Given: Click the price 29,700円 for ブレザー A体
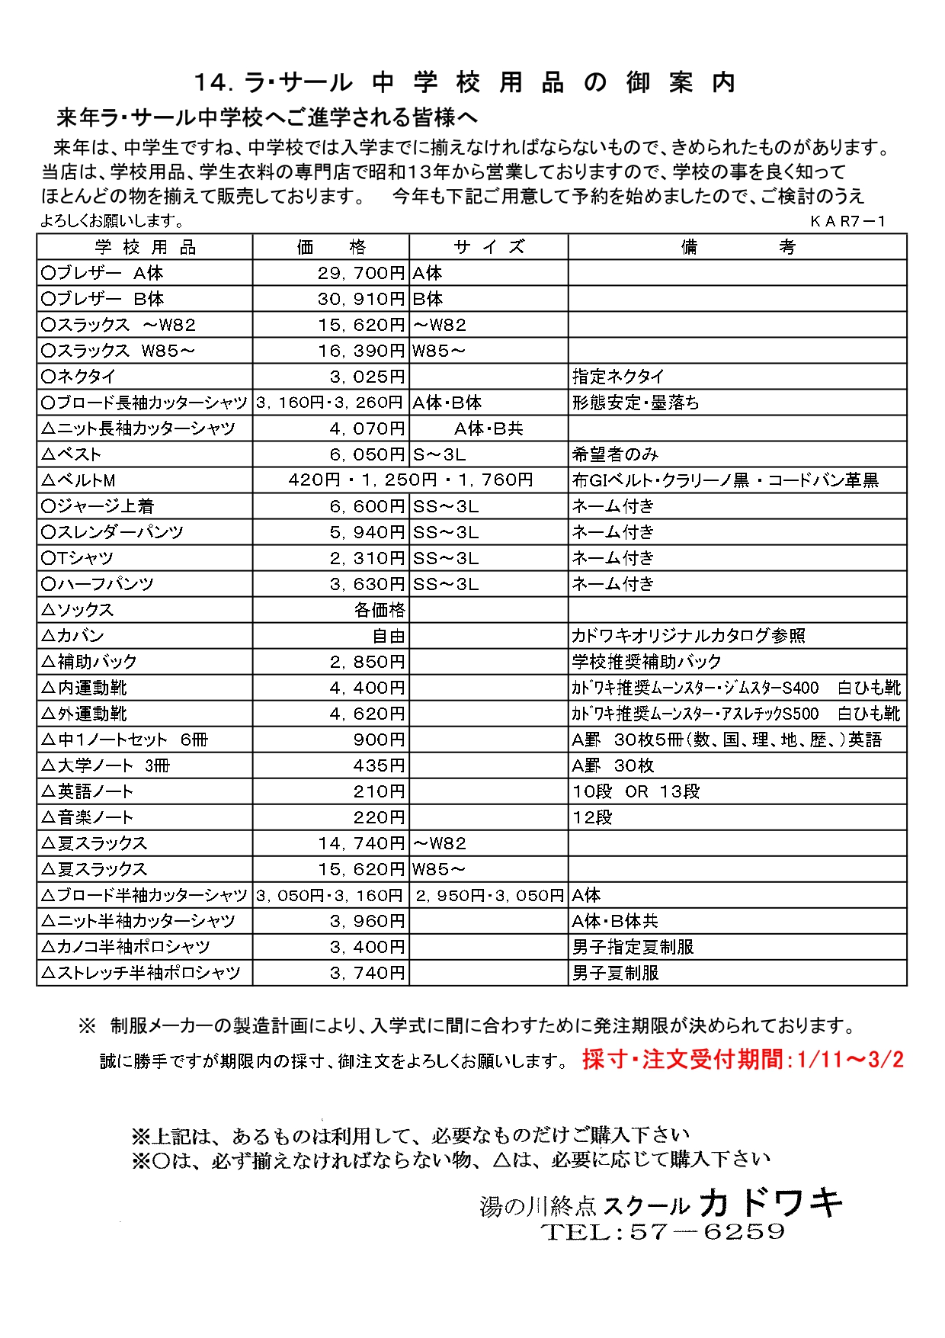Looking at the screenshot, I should [x=361, y=273].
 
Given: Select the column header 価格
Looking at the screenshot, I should [x=331, y=247].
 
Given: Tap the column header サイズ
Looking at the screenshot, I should [x=489, y=247].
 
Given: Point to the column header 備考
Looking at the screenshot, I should [x=737, y=247].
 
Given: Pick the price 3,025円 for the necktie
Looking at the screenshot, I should [x=367, y=377].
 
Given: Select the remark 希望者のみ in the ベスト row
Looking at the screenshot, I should [x=615, y=454].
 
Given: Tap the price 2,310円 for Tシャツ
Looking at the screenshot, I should [x=367, y=558].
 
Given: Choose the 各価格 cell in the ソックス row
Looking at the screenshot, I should [x=380, y=610].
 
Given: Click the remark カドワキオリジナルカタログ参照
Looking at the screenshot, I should [x=688, y=636].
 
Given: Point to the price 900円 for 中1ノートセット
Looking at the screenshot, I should [x=379, y=740].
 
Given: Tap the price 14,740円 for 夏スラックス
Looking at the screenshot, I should [x=361, y=843].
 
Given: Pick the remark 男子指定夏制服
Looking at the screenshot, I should [x=633, y=947].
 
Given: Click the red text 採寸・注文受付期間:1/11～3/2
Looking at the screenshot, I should [x=742, y=1060].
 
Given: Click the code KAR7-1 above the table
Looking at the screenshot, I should [x=847, y=221].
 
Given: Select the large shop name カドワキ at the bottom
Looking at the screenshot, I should [x=770, y=1203].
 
